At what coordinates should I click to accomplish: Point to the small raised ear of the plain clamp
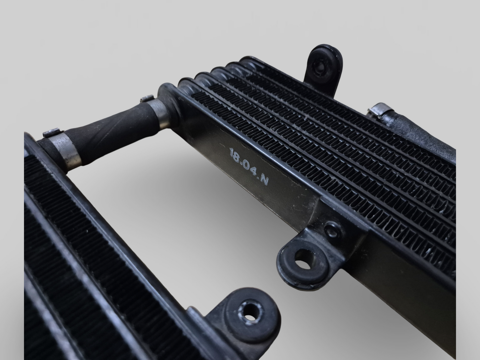(147, 98)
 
